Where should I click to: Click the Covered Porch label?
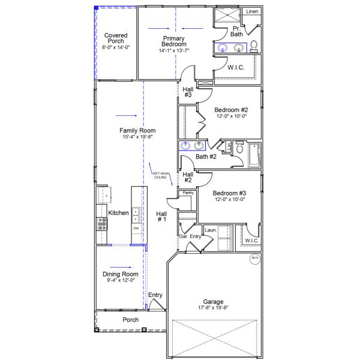[x=115, y=38]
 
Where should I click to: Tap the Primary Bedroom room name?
[x=175, y=41]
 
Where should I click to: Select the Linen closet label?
[x=252, y=11]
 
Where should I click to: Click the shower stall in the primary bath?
[x=226, y=16]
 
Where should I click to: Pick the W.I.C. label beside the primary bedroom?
[x=236, y=68]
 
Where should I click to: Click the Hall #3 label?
[x=188, y=92]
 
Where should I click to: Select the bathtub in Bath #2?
[x=253, y=155]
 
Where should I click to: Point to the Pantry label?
[x=188, y=193]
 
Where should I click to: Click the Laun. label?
[x=211, y=230]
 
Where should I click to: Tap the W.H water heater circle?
[x=254, y=259]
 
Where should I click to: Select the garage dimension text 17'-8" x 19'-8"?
[x=212, y=308]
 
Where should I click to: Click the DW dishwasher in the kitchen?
[x=136, y=229]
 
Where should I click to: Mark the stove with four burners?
[x=101, y=224]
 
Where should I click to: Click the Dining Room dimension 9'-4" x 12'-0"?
[x=121, y=280]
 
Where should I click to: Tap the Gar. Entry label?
[x=190, y=236]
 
